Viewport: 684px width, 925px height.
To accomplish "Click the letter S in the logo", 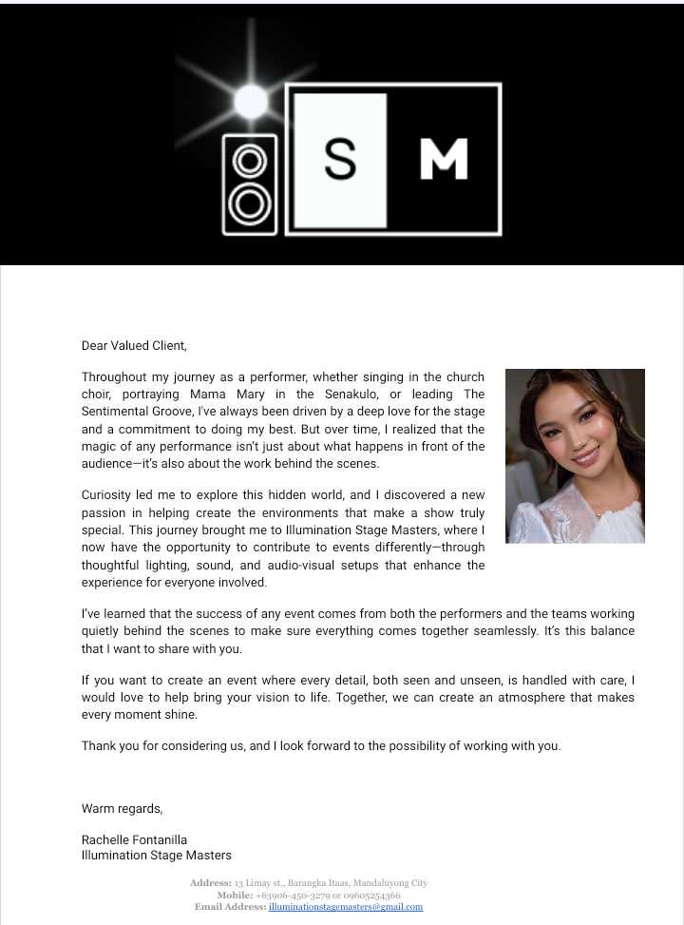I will point(340,159).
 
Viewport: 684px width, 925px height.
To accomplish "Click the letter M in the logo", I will point(444,159).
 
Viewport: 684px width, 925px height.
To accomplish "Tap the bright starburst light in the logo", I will point(251,101).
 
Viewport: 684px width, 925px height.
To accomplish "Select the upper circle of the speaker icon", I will point(250,161).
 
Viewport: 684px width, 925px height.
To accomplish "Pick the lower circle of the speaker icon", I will point(250,202).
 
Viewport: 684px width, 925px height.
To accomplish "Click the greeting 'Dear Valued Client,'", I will point(134,346).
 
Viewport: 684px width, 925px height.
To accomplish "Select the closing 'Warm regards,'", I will point(122,809).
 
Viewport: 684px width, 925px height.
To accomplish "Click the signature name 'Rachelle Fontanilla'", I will point(134,840).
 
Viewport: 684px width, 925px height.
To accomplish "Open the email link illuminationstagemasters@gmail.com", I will point(345,907).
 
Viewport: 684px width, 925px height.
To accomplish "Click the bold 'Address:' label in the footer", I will point(210,883).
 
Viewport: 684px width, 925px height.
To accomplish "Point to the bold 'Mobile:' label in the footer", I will point(235,896).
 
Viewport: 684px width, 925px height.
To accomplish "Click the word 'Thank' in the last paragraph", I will point(99,746).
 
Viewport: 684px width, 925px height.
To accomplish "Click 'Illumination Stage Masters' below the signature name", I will point(157,856).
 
